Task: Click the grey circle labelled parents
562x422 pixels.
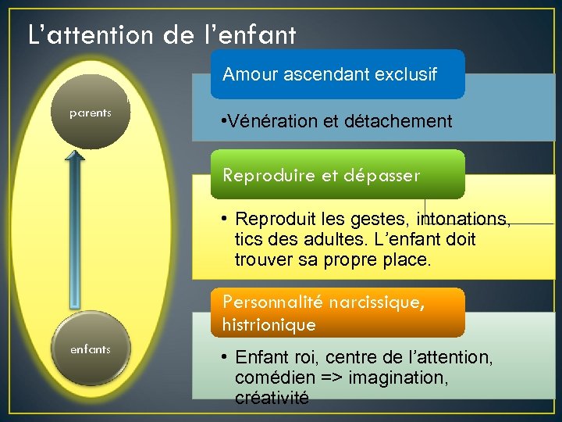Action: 90,113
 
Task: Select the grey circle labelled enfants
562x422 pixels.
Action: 90,349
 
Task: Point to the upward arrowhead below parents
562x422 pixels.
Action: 75,156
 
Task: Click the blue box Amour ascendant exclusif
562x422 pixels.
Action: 337,75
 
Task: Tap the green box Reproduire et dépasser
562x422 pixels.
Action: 337,175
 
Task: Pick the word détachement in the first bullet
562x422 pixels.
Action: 406,121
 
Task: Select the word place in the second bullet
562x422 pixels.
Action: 407,259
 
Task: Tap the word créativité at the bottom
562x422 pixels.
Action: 272,399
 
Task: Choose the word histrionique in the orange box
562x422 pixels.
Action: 269,324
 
